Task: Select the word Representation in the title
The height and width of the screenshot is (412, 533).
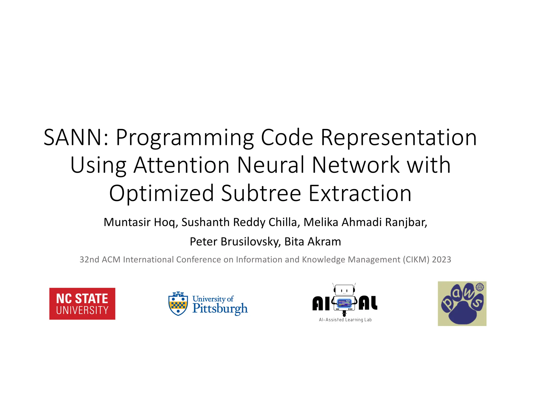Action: point(398,137)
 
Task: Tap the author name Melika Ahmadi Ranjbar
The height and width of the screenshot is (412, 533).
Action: point(365,222)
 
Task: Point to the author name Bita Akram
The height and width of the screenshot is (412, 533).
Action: point(313,242)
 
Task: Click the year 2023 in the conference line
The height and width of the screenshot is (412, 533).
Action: point(441,260)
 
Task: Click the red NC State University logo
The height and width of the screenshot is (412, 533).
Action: point(82,304)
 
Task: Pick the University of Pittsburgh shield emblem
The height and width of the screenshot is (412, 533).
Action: point(178,304)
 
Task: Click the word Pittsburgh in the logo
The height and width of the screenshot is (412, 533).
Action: point(220,309)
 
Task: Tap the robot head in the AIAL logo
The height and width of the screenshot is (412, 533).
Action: point(344,290)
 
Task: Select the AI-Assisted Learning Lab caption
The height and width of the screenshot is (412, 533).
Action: point(345,320)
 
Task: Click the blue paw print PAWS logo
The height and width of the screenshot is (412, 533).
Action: point(462,304)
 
